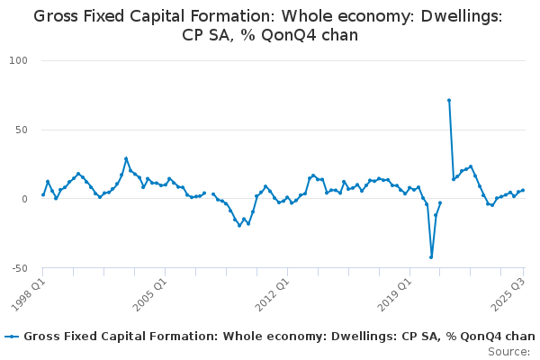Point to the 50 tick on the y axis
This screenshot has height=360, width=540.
pos(22,130)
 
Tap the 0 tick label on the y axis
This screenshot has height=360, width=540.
pos(26,199)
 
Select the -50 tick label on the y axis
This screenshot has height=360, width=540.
pos(20,268)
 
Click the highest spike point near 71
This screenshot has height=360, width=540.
pos(449,100)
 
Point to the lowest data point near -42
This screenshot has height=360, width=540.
pos(431,257)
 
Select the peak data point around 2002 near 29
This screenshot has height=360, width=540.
pos(126,158)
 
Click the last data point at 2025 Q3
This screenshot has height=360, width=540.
pos(523,190)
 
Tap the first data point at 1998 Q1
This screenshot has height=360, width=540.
pos(43,194)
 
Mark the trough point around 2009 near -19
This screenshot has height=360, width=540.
pos(239,225)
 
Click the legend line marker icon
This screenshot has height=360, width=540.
pos(12,337)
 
